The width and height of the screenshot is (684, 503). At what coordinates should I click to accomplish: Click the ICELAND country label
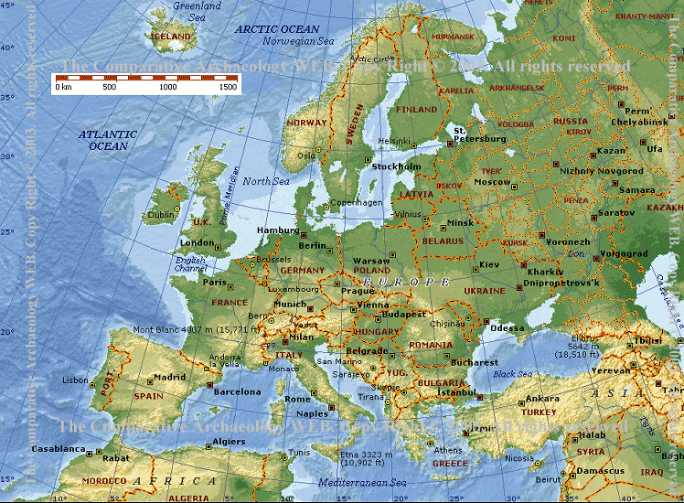point(172,37)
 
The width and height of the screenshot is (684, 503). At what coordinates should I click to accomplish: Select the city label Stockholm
point(396,166)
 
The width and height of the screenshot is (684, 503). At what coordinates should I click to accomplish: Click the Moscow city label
point(491,182)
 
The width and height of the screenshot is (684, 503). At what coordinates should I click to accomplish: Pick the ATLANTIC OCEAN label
point(107,140)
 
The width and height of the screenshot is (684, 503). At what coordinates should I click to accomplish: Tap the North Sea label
point(266,181)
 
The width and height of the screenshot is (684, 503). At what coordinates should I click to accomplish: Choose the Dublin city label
point(161,215)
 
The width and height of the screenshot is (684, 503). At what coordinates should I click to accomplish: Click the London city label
point(197,242)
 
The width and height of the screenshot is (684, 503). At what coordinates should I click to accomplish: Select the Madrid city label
point(169,377)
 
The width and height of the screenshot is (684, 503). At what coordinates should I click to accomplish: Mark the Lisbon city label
point(75,380)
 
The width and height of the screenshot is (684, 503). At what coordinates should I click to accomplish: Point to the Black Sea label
point(512,374)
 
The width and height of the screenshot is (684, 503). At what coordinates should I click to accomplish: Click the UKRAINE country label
point(484,290)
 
